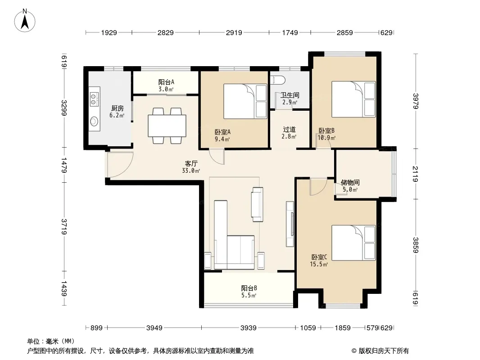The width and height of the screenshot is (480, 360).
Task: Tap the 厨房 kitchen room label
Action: (117, 108)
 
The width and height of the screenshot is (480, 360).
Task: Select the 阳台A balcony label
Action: (166, 82)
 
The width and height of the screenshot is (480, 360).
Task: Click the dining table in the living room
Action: (167, 126)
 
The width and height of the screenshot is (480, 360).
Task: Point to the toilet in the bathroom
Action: (278, 80)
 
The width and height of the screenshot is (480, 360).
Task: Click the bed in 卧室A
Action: (245, 101)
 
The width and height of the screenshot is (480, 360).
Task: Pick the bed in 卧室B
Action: (353, 99)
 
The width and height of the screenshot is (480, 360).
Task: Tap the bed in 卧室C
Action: (353, 243)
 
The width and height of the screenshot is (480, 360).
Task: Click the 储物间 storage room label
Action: (350, 183)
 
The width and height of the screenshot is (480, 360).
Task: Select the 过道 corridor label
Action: (289, 130)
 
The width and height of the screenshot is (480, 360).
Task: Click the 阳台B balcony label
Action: (249, 288)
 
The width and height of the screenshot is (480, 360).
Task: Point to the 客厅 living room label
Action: (191, 164)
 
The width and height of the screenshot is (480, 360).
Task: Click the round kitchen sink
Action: (94, 121)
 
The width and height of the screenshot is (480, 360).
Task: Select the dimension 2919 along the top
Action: (234, 32)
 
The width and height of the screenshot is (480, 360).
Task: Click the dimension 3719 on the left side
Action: (64, 226)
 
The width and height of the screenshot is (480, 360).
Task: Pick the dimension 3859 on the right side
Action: (416, 245)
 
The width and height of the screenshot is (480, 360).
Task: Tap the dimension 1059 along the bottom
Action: (308, 328)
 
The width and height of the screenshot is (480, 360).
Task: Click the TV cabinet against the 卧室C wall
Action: (290, 224)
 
